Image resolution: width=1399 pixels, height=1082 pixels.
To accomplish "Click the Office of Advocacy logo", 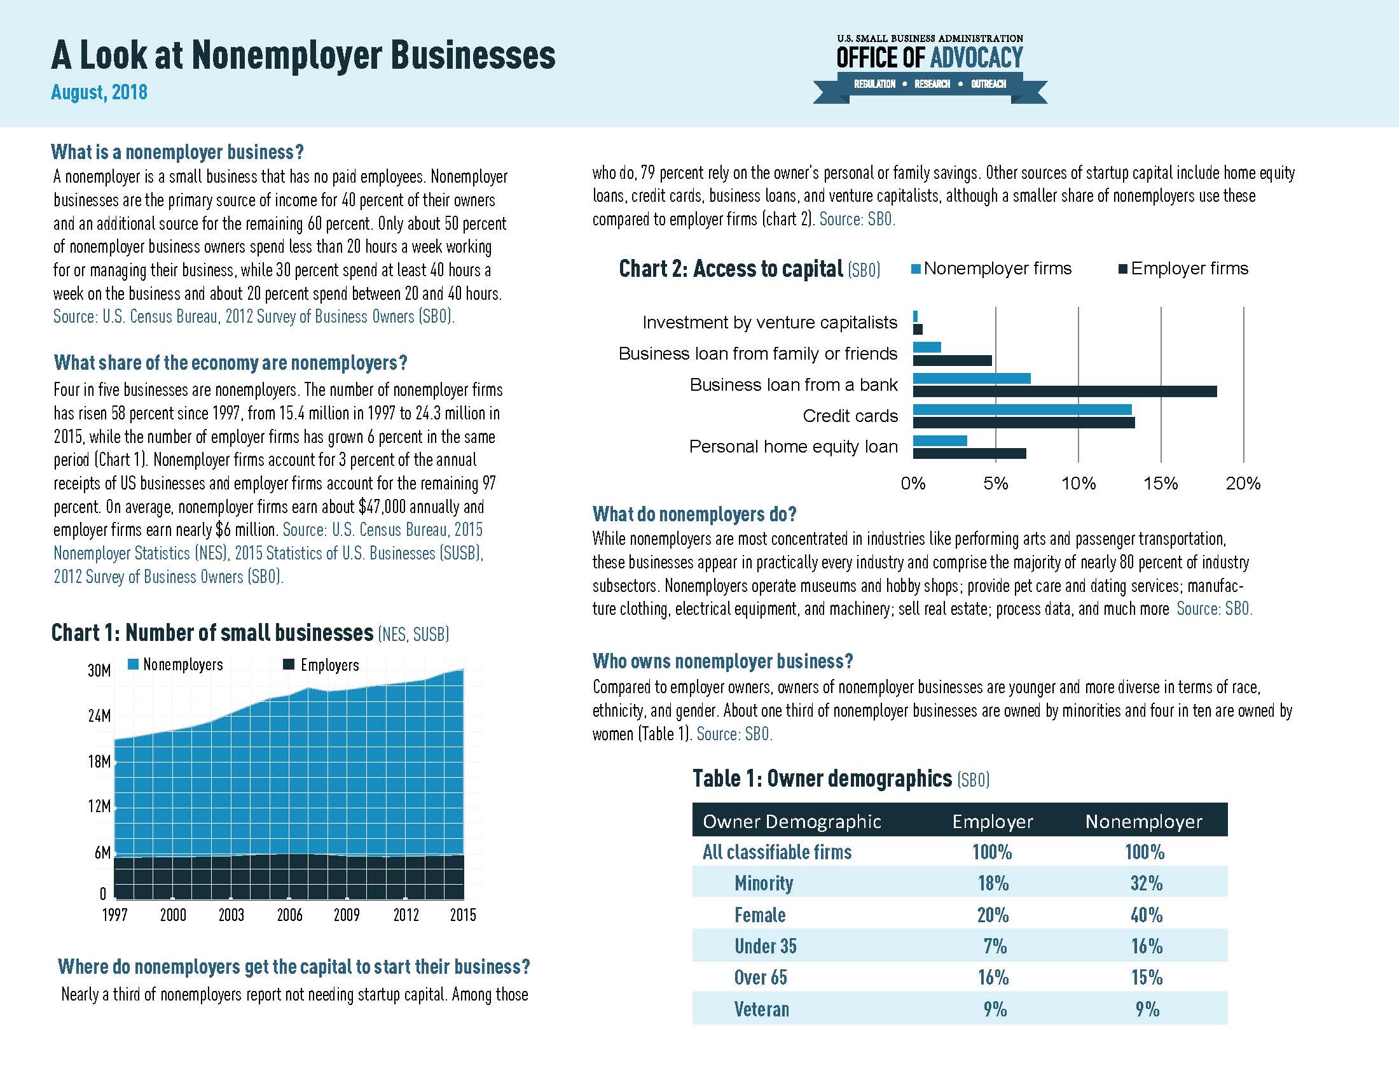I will (x=930, y=67).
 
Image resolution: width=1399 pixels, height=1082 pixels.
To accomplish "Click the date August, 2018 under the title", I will (x=99, y=92).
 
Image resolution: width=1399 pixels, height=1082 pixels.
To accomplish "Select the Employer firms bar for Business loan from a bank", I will (x=1064, y=391).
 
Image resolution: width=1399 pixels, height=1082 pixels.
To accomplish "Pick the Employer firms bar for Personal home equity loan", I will (x=969, y=454).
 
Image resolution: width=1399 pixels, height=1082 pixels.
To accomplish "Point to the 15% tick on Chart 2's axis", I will (x=1161, y=483).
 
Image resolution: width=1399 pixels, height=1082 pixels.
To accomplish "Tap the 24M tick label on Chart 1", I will (x=99, y=715).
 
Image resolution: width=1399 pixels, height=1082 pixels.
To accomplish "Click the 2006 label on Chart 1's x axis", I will (x=289, y=915).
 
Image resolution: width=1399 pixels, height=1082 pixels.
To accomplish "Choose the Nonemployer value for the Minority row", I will (x=1146, y=883).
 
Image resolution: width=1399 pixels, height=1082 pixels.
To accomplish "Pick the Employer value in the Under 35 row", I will (x=993, y=946).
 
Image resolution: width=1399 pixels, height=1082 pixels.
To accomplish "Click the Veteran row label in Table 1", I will (x=761, y=1009).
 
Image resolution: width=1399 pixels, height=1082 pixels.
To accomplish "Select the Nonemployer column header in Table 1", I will (x=1143, y=822).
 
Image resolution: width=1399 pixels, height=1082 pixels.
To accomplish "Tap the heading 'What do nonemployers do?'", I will (x=694, y=514).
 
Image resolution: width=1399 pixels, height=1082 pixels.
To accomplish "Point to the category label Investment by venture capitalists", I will (x=769, y=323).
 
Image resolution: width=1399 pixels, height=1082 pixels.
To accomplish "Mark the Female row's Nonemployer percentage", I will (x=1146, y=915).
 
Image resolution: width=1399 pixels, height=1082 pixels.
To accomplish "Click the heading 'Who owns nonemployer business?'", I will (x=722, y=661).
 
